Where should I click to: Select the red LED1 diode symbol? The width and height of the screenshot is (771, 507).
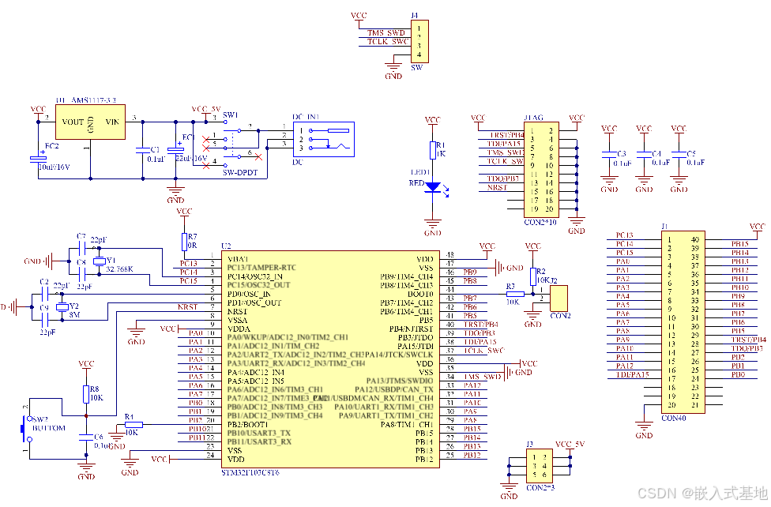point(433,186)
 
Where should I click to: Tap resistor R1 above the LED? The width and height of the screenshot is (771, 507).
point(433,150)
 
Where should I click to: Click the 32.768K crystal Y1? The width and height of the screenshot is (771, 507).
point(100,261)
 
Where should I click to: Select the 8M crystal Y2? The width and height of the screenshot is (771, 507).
point(63,306)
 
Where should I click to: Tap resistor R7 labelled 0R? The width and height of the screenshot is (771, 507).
point(184,241)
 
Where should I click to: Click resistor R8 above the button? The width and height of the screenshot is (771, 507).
point(86,392)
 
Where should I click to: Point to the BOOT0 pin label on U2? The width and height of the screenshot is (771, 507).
point(418,294)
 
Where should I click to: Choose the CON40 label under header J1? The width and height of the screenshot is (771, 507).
point(674,417)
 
